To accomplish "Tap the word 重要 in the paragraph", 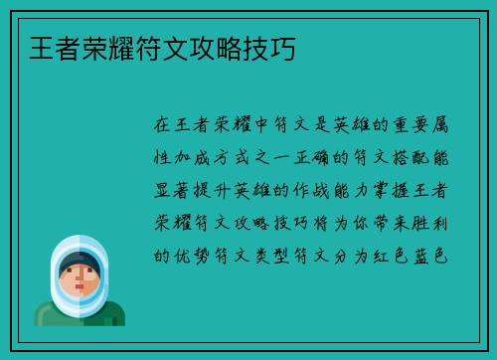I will coord(389,125).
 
